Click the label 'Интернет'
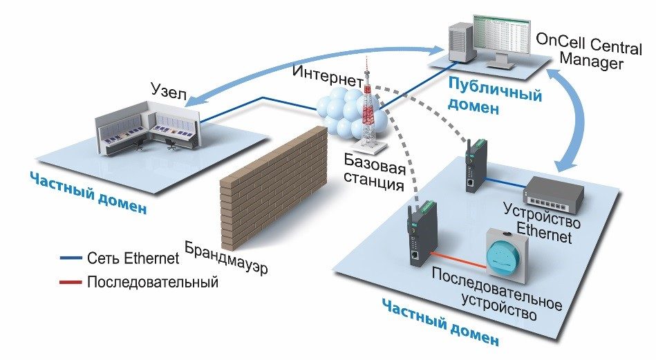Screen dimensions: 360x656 point(327,73)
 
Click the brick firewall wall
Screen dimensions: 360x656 point(273,187)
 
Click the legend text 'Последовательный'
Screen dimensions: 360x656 point(153,282)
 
